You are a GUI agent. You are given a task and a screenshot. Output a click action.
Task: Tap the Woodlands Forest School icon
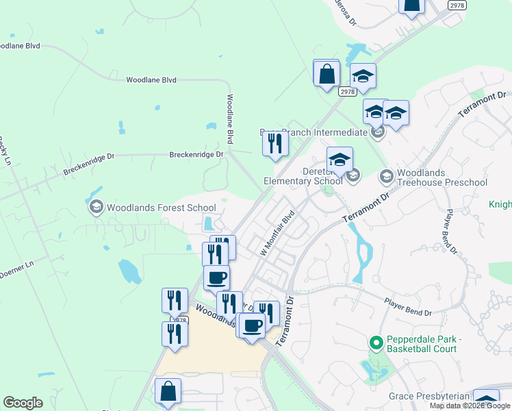coord(96,207)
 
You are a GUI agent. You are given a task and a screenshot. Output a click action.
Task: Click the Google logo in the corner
coord(23,403)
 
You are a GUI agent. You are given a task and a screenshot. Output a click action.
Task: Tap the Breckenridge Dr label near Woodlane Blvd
coord(196,155)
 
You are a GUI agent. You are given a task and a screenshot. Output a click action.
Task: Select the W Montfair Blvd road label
coord(277,234)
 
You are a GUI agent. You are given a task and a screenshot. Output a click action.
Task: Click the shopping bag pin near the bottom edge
coord(168,392)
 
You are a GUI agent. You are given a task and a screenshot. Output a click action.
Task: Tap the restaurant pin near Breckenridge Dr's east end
coord(275,144)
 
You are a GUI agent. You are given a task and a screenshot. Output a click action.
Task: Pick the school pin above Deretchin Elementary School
coord(340,160)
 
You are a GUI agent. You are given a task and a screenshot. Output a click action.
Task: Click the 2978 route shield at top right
coord(457,5)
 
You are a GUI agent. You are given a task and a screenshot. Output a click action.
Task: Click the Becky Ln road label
coord(6,152)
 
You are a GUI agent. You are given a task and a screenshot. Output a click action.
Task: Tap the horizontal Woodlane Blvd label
coord(151,80)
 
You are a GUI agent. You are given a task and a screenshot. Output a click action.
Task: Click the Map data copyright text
coord(469,406)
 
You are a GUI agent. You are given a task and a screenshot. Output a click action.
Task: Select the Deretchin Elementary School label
coord(303,177)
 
